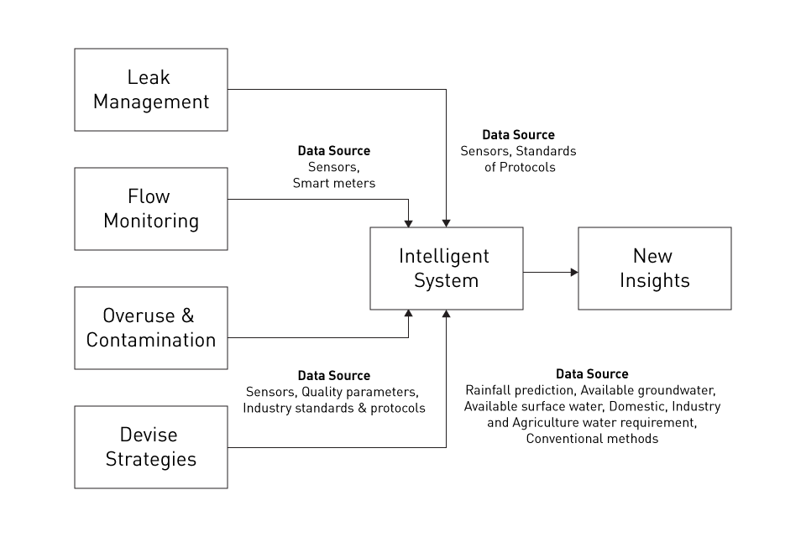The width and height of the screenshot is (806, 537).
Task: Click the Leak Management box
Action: pyautogui.click(x=151, y=90)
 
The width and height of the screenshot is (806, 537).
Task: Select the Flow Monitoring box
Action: pyautogui.click(x=151, y=209)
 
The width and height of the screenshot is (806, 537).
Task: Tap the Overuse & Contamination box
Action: pyautogui.click(x=151, y=328)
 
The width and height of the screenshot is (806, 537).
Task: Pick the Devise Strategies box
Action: pyautogui.click(x=151, y=447)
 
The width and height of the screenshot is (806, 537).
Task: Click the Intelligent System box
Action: pyautogui.click(x=446, y=268)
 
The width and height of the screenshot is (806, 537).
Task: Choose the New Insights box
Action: pyautogui.click(x=654, y=268)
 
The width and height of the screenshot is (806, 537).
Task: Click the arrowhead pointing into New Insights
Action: pyautogui.click(x=574, y=272)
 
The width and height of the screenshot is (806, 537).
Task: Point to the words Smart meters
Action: pyautogui.click(x=334, y=183)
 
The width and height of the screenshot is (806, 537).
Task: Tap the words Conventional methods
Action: pyautogui.click(x=592, y=439)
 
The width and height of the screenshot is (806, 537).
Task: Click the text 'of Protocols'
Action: pyautogui.click(x=518, y=167)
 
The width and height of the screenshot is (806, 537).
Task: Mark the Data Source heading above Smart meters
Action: pyautogui.click(x=334, y=151)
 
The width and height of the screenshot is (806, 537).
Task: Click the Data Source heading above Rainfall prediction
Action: pyautogui.click(x=592, y=374)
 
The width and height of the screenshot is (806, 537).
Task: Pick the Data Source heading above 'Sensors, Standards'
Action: pyautogui.click(x=518, y=134)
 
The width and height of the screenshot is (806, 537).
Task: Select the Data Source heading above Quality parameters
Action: pyautogui.click(x=334, y=376)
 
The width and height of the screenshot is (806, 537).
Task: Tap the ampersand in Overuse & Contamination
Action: pyautogui.click(x=187, y=316)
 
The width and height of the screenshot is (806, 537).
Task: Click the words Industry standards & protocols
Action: pyautogui.click(x=334, y=408)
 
